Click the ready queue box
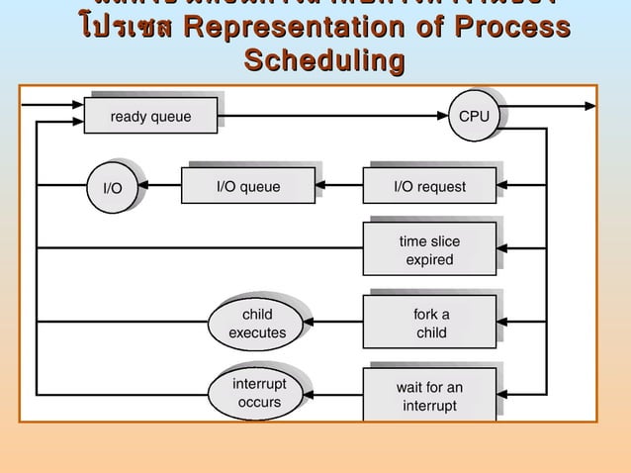[x=151, y=117]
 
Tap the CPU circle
[x=474, y=116]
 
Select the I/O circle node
[x=113, y=187]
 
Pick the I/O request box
[x=429, y=186]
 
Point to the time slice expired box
[x=429, y=250]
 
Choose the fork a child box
[x=430, y=324]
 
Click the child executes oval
[x=257, y=324]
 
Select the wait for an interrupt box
[x=429, y=396]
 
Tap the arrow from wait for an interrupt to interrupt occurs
[x=336, y=393]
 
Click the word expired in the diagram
[x=429, y=260]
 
